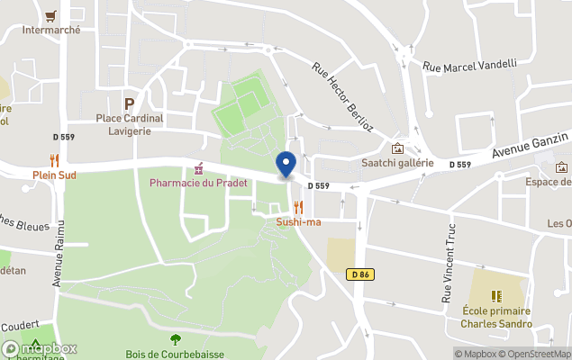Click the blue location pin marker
(286, 165)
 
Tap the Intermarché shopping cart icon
(51, 15)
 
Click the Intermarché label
(51, 30)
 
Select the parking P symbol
(129, 103)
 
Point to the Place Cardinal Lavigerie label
(130, 124)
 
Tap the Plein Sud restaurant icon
(53, 160)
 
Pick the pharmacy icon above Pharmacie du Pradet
(198, 169)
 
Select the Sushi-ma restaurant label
(298, 221)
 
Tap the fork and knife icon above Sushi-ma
(298, 207)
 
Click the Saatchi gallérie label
(397, 163)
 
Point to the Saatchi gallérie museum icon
(397, 148)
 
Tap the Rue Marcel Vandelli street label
(469, 64)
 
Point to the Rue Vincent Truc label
(447, 261)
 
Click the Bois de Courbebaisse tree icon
(175, 339)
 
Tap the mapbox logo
(40, 348)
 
